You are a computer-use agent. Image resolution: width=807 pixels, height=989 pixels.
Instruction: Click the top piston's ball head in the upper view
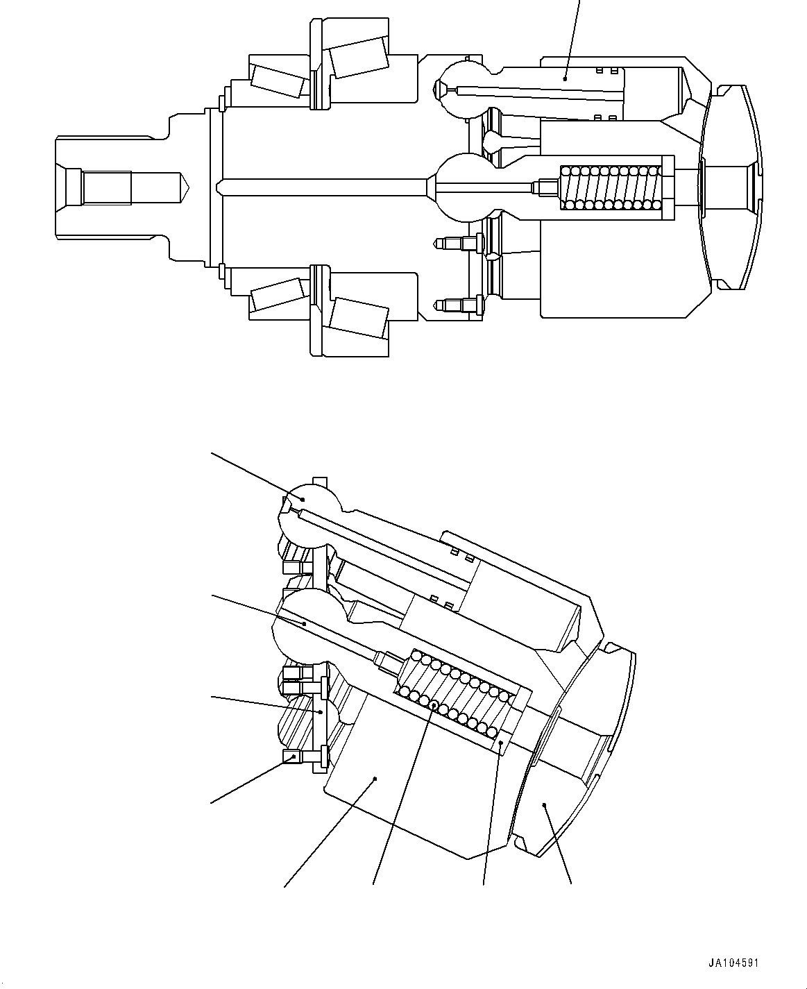click(462, 89)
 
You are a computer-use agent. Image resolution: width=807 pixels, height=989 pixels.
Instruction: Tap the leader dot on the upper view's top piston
click(565, 80)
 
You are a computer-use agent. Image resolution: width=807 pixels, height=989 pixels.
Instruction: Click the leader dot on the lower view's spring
click(434, 704)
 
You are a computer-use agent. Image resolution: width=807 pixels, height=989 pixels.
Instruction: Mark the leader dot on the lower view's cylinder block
click(375, 779)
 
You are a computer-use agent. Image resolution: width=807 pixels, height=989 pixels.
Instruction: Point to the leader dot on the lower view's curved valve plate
click(545, 805)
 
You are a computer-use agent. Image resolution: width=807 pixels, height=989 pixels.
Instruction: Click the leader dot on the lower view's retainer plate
click(321, 712)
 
